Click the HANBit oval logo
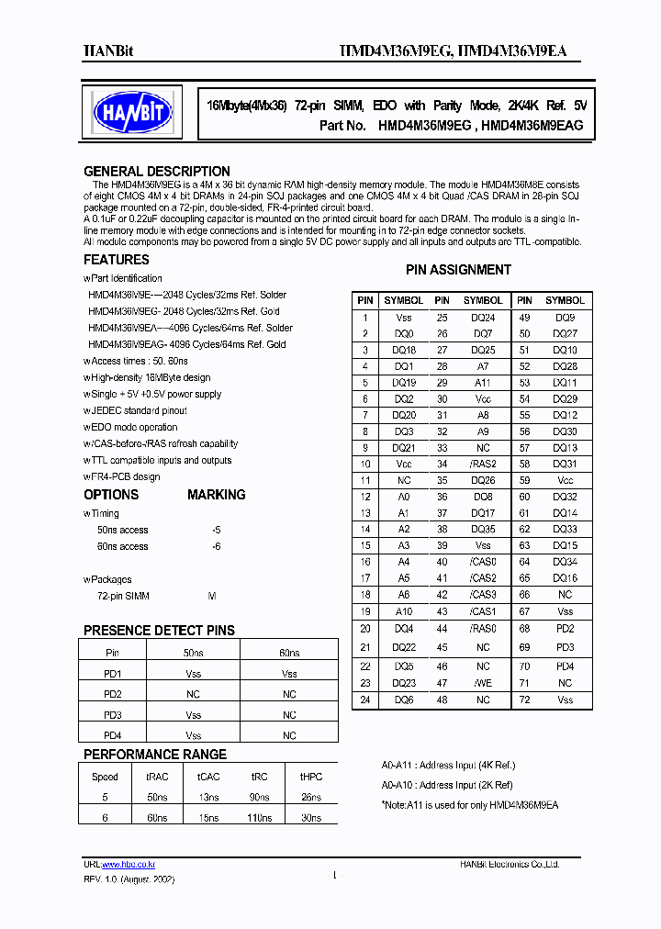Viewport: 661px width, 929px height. pyautogui.click(x=134, y=112)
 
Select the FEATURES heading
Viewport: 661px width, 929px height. pyautogui.click(x=117, y=261)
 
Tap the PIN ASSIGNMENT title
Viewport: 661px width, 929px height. pyautogui.click(x=458, y=270)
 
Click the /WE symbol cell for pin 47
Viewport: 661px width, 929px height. pyautogui.click(x=483, y=683)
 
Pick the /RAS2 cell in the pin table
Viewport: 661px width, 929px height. pyautogui.click(x=483, y=464)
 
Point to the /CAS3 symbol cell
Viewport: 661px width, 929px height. pyautogui.click(x=483, y=595)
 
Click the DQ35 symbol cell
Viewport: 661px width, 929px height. pyautogui.click(x=483, y=530)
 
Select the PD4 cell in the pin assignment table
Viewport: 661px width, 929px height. pyautogui.click(x=565, y=666)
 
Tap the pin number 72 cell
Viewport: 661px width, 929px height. pyautogui.click(x=524, y=700)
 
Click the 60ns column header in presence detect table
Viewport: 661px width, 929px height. pyautogui.click(x=289, y=653)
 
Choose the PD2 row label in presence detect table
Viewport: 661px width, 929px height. pyautogui.click(x=113, y=695)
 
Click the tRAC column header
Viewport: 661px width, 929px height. pyautogui.click(x=157, y=777)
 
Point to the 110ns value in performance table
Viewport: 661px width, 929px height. pyautogui.click(x=260, y=817)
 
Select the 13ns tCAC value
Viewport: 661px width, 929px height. pyautogui.click(x=208, y=797)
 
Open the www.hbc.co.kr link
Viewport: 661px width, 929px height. pyautogui.click(x=129, y=865)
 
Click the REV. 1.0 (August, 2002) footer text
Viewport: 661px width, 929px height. pyautogui.click(x=129, y=879)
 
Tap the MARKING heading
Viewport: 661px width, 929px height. pyautogui.click(x=217, y=495)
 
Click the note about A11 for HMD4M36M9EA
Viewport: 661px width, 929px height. pyautogui.click(x=469, y=805)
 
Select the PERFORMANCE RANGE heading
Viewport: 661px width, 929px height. pyautogui.click(x=155, y=755)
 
